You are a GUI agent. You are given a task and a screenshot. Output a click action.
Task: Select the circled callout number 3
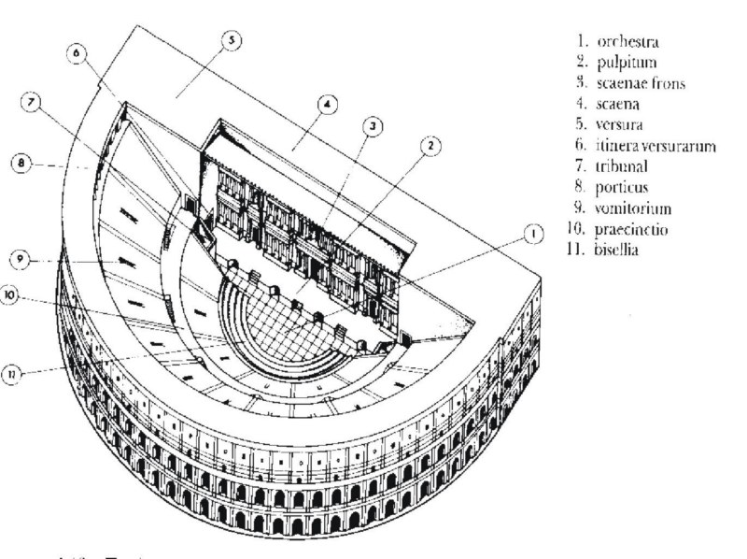click(x=373, y=125)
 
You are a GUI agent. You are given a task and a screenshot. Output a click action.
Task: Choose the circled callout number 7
click(x=33, y=103)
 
